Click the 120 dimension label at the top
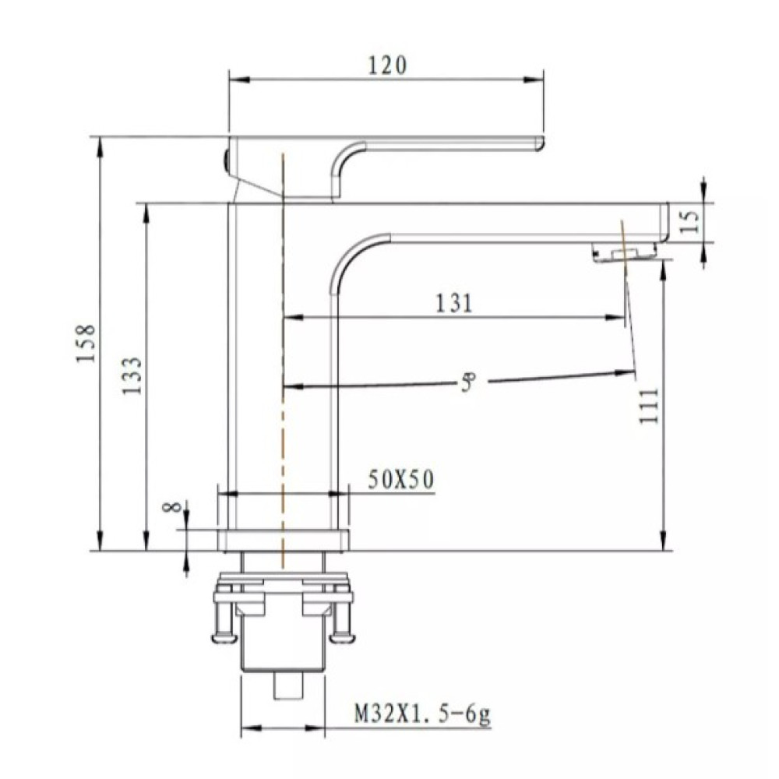(387, 65)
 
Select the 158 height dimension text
(86, 344)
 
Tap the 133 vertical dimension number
(132, 375)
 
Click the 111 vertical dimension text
(649, 405)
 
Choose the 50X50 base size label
(401, 479)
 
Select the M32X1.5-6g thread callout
(422, 715)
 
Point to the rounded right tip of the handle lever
(541, 143)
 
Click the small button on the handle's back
(225, 161)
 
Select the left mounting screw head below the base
(220, 638)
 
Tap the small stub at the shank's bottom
(289, 686)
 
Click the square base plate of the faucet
(284, 541)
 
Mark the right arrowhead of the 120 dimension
(536, 79)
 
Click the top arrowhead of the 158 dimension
(100, 146)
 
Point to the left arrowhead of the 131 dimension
(293, 317)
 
